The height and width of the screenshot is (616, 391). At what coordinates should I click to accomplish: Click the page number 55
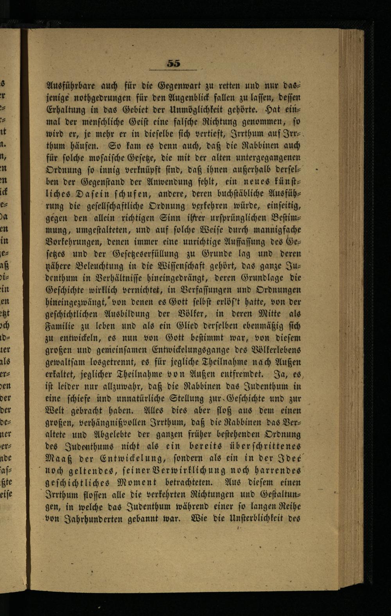(173, 63)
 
